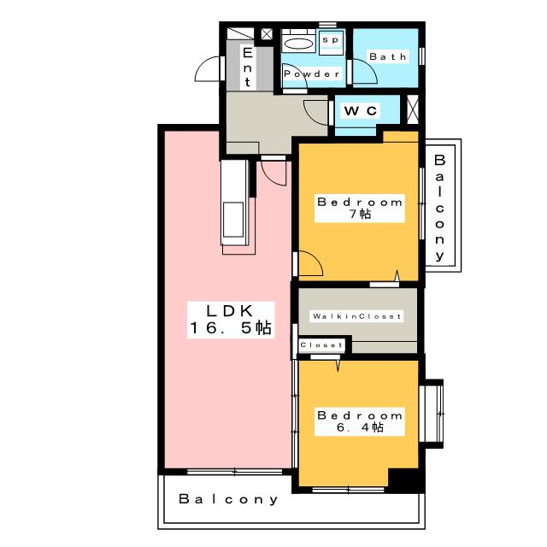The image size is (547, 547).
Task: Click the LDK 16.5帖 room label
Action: click(231, 320)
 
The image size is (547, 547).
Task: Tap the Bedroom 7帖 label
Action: click(360, 208)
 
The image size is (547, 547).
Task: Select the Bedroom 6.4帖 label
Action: click(360, 421)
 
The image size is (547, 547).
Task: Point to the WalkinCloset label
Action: click(357, 316)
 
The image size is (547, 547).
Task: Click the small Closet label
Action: click(321, 345)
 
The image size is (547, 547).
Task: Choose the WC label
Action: click(361, 111)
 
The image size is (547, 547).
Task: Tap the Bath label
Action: click(388, 56)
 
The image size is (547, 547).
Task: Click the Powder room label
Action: click(311, 74)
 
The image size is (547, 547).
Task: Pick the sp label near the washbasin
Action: click(331, 40)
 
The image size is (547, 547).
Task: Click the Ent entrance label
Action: click(247, 67)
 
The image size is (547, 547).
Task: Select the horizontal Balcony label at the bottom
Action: click(228, 499)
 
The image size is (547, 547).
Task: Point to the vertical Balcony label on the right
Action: click(439, 208)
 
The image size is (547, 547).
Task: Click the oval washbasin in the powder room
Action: click(298, 44)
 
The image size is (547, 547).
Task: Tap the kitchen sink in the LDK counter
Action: click(233, 221)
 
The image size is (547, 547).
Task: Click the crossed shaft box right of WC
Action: click(413, 109)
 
